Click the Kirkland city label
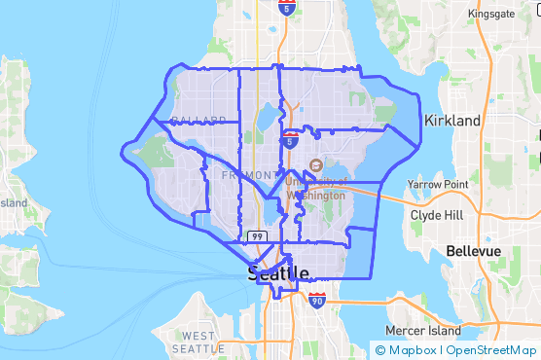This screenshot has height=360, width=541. click(x=452, y=121)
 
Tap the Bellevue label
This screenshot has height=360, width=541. click(x=473, y=251)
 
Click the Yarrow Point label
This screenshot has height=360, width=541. click(x=438, y=184)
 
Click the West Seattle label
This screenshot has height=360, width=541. click(x=198, y=342)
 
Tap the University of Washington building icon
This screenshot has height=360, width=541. click(x=314, y=164)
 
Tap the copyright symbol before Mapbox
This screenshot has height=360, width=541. click(x=380, y=350)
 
